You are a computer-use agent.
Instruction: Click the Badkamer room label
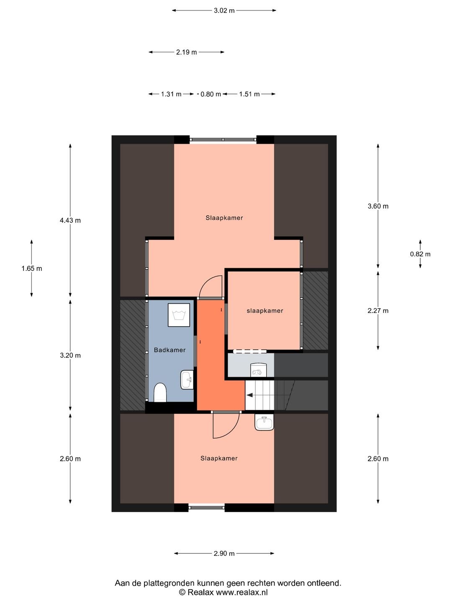point(169,350)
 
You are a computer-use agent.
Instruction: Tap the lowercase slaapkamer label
point(265,311)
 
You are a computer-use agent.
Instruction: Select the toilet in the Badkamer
point(160,392)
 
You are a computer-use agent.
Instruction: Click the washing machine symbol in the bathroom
point(179,315)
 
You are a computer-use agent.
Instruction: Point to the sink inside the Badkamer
point(187,380)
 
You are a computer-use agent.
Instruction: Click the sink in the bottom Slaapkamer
point(264,422)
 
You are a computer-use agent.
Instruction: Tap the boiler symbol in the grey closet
point(258,369)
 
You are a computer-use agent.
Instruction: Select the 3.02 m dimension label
point(224,11)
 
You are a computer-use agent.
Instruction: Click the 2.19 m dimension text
point(186,52)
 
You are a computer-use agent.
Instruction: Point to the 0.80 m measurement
point(211,94)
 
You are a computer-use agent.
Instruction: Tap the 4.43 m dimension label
point(70,220)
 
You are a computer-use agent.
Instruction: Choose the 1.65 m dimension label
point(32,268)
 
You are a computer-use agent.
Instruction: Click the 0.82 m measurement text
point(420,254)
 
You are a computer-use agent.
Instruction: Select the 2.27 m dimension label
point(378,311)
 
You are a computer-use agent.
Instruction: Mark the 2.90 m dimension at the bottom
point(224,554)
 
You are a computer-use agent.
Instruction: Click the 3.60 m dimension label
point(378,206)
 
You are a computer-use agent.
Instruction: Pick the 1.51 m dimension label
point(249,94)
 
